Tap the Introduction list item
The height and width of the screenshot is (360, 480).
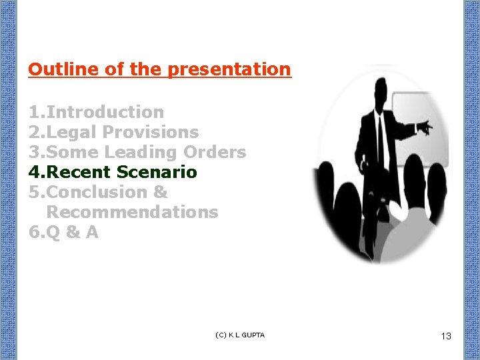[105, 112]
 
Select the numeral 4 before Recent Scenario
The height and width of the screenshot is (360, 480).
[35, 172]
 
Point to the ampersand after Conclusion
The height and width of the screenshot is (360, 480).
[160, 192]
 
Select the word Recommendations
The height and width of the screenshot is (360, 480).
[132, 212]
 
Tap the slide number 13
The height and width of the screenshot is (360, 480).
[446, 336]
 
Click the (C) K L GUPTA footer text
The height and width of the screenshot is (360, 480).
[240, 335]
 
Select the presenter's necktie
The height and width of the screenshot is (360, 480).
[381, 133]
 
